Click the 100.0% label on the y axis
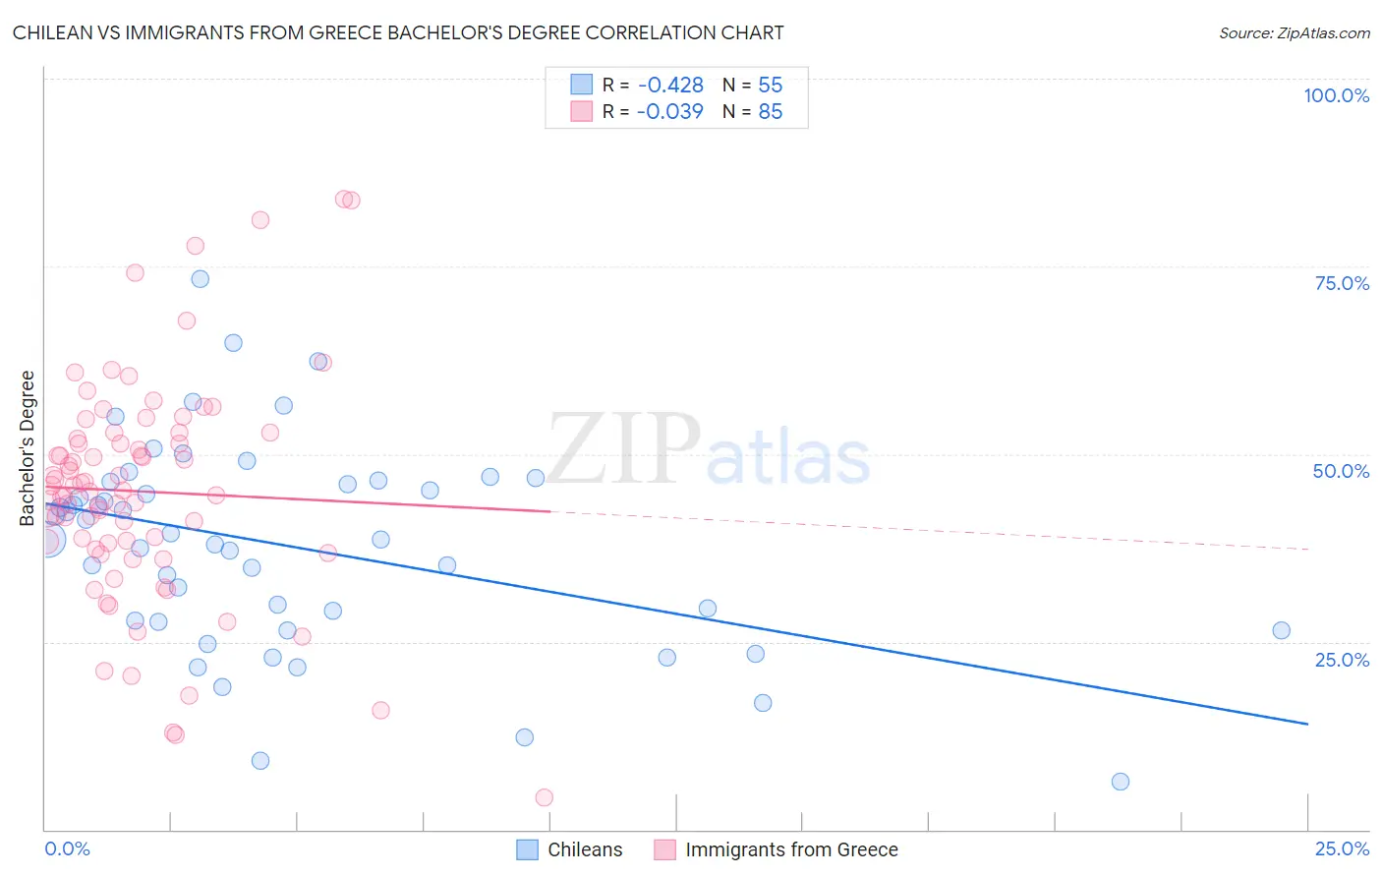[x=1336, y=95]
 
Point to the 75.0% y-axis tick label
[x=1342, y=283]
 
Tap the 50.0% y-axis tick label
[x=1341, y=471]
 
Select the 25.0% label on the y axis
[x=1342, y=660]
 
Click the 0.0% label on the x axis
[x=67, y=848]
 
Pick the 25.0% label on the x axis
[x=1342, y=848]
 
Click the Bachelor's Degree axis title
[x=28, y=448]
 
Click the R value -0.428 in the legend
[x=670, y=86]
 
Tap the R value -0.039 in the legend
[x=670, y=112]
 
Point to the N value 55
[x=770, y=86]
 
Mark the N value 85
[x=770, y=112]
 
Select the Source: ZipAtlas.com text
[x=1294, y=33]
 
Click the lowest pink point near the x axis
[x=544, y=797]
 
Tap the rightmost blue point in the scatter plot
[x=1281, y=630]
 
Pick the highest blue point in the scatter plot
[x=200, y=279]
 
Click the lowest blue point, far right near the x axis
[x=1120, y=782]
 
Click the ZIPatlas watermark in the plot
[x=709, y=450]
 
